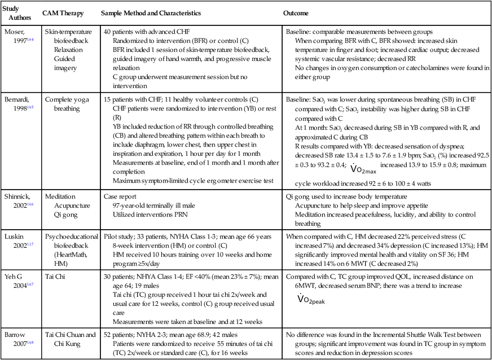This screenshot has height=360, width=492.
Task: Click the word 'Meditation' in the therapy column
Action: point(61,197)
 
